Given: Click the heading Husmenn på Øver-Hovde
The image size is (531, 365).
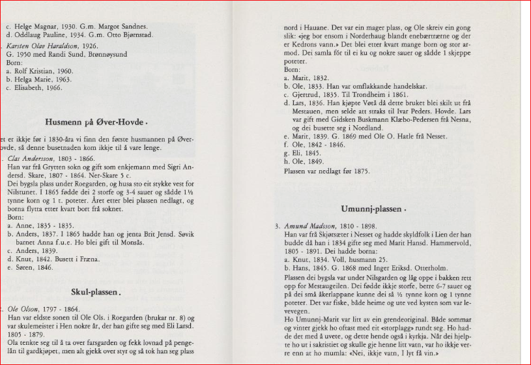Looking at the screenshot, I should coord(96,122).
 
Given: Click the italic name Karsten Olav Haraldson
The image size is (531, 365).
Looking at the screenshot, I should coord(43,46).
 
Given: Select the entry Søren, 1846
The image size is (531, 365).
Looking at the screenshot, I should coord(36,267).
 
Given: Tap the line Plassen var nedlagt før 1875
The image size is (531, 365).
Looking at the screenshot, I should coord(326,171).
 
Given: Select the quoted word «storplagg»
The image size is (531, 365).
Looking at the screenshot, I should coord(388,338).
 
